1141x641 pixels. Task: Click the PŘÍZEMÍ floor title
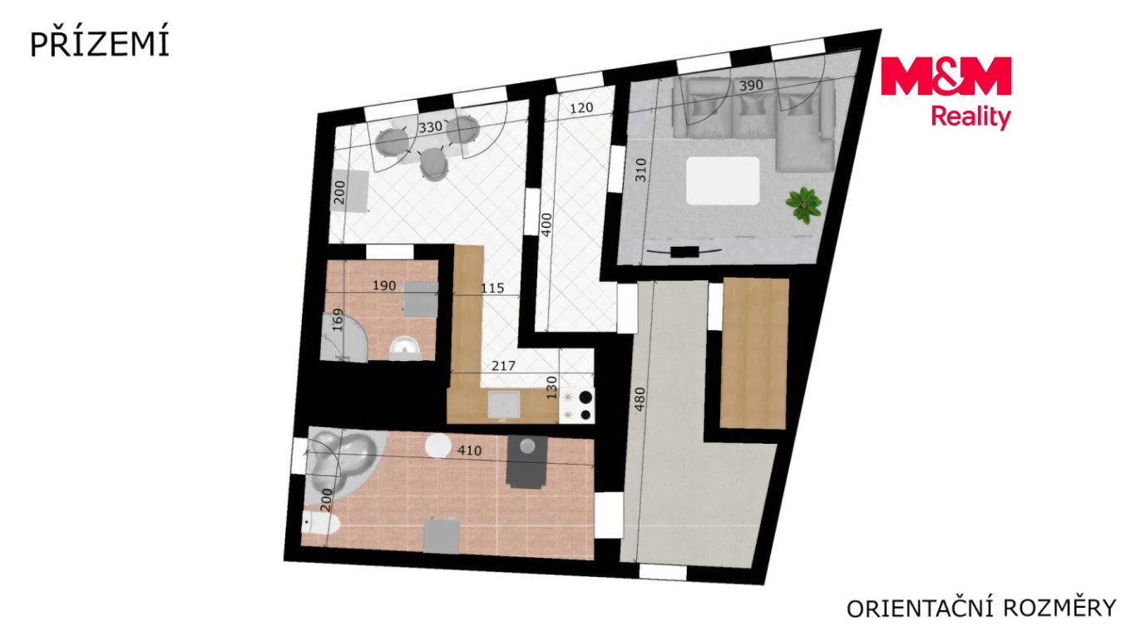click(x=99, y=44)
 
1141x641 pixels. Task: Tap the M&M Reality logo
click(x=946, y=92)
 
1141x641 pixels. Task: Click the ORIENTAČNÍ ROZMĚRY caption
click(x=981, y=608)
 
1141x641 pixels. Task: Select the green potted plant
click(x=803, y=205)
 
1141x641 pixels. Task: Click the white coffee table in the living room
click(x=723, y=180)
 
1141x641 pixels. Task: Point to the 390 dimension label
click(x=751, y=85)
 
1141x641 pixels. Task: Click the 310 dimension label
click(x=641, y=170)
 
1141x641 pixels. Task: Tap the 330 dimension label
click(x=431, y=126)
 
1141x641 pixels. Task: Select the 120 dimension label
click(x=581, y=108)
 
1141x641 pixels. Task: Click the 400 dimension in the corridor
click(x=546, y=224)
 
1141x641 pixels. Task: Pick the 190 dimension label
click(x=383, y=286)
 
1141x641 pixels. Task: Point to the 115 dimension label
click(x=492, y=288)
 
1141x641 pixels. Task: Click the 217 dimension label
click(x=503, y=366)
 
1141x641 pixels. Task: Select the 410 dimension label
click(x=469, y=451)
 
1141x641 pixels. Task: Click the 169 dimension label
click(x=338, y=320)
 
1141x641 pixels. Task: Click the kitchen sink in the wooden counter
click(x=503, y=404)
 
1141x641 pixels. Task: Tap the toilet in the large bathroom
click(x=321, y=524)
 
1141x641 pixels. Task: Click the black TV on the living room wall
click(x=684, y=252)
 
